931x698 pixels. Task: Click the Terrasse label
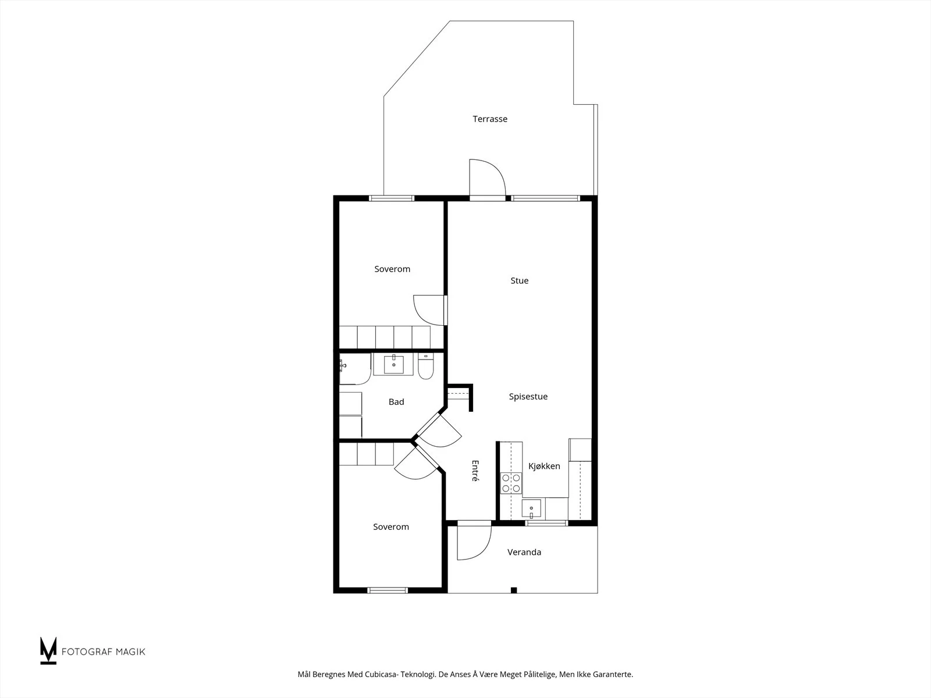pyautogui.click(x=490, y=119)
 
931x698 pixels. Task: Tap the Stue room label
pyautogui.click(x=519, y=280)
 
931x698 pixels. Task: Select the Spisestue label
pyautogui.click(x=528, y=397)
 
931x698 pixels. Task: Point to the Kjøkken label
pyautogui.click(x=544, y=466)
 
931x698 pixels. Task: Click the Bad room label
pyautogui.click(x=396, y=402)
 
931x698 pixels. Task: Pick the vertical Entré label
pyautogui.click(x=475, y=471)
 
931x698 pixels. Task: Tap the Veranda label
pyautogui.click(x=524, y=552)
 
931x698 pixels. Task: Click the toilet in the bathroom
pyautogui.click(x=425, y=366)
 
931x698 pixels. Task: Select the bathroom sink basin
pyautogui.click(x=393, y=365)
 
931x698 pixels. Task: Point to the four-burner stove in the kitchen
pyautogui.click(x=511, y=483)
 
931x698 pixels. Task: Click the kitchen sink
pyautogui.click(x=531, y=508)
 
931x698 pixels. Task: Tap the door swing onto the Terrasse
pyautogui.click(x=488, y=177)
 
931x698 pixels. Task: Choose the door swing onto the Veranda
pyautogui.click(x=474, y=543)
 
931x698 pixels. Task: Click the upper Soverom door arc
pyautogui.click(x=429, y=310)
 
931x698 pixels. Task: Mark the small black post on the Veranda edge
pyautogui.click(x=514, y=590)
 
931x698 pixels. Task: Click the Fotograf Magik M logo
pyautogui.click(x=48, y=650)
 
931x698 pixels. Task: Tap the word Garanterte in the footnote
pyautogui.click(x=613, y=674)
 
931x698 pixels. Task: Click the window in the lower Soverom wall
pyautogui.click(x=388, y=590)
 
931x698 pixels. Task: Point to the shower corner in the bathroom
pyautogui.click(x=355, y=369)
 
